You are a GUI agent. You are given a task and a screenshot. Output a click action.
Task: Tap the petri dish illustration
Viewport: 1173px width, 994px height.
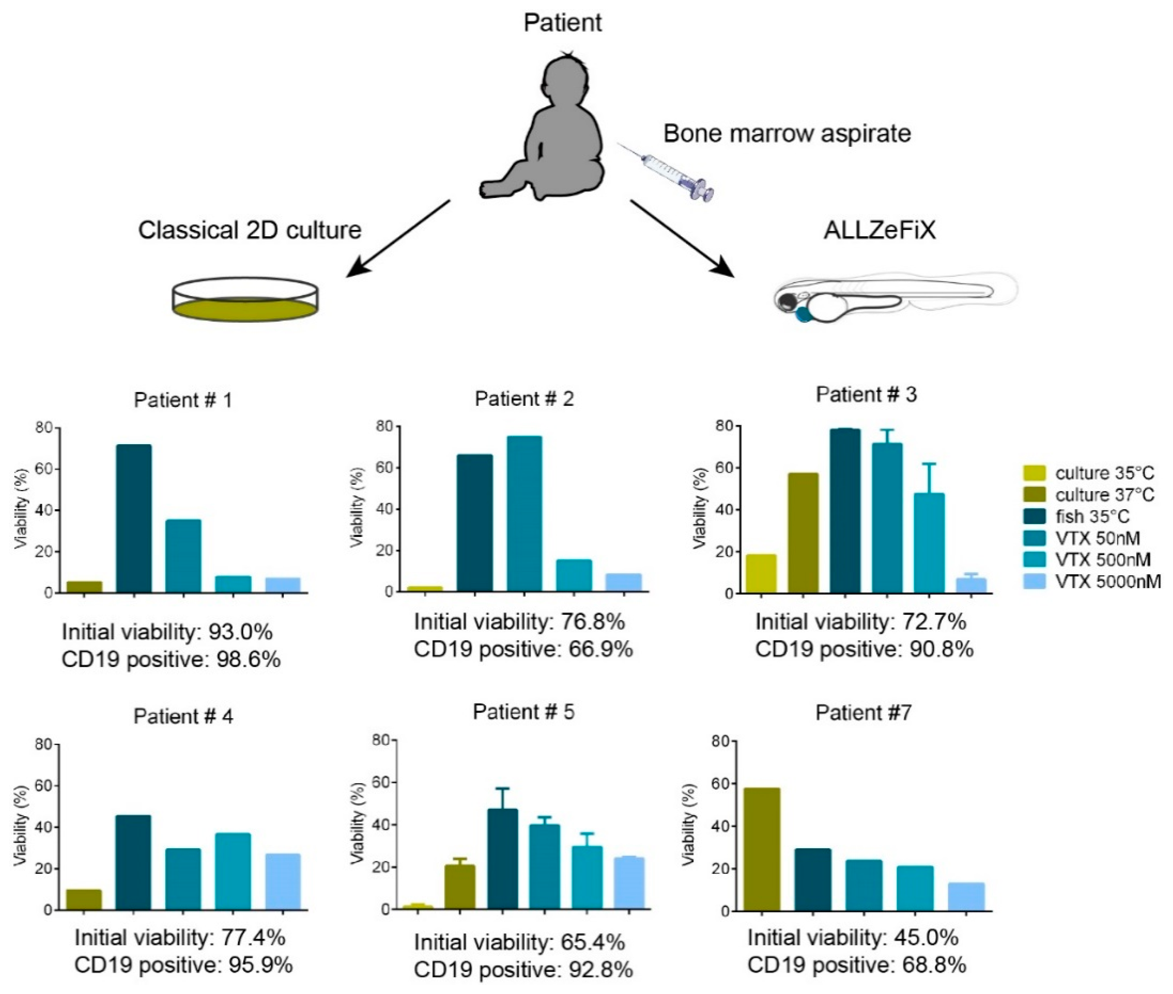[245, 300]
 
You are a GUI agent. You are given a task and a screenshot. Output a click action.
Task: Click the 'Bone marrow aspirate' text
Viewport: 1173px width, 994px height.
[787, 134]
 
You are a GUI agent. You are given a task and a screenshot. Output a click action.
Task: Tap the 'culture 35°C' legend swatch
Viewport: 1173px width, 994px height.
[1034, 472]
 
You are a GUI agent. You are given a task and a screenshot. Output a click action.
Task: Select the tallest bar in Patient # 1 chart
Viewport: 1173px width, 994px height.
[134, 519]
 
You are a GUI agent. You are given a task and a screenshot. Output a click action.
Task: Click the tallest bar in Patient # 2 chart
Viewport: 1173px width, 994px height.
[524, 514]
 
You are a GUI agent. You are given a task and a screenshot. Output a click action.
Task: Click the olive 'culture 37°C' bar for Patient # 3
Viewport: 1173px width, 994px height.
[803, 533]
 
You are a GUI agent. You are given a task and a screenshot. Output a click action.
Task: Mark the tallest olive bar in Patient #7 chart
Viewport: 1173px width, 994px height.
[762, 849]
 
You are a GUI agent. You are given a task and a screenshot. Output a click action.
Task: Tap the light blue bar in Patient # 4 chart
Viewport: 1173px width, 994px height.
[283, 882]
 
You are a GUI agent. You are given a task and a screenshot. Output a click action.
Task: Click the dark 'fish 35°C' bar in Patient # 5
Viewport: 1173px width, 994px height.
[503, 859]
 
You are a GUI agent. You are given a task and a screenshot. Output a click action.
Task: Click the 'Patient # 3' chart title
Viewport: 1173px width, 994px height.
[866, 394]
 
